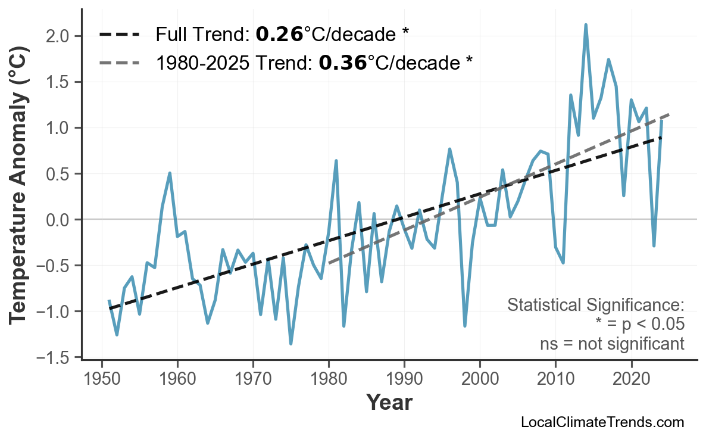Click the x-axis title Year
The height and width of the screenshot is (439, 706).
389,403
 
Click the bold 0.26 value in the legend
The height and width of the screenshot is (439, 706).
279,35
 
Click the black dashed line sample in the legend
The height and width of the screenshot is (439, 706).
119,35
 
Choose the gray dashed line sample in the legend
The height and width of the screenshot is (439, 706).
119,62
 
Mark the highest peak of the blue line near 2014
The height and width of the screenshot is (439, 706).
586,25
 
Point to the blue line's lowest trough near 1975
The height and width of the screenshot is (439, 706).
290,344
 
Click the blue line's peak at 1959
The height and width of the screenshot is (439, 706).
170,173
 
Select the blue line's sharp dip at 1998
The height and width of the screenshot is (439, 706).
465,326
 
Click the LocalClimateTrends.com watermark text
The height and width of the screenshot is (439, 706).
602,422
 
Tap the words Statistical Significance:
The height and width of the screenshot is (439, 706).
595,305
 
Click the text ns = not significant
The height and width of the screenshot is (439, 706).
612,344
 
